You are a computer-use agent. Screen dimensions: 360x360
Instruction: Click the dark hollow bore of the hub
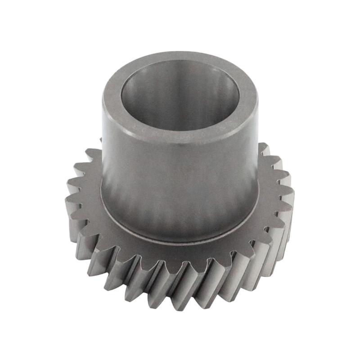point(180,97)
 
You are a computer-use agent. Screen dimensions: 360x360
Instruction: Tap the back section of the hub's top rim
point(180,58)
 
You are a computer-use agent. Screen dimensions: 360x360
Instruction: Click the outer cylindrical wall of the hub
point(180,180)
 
